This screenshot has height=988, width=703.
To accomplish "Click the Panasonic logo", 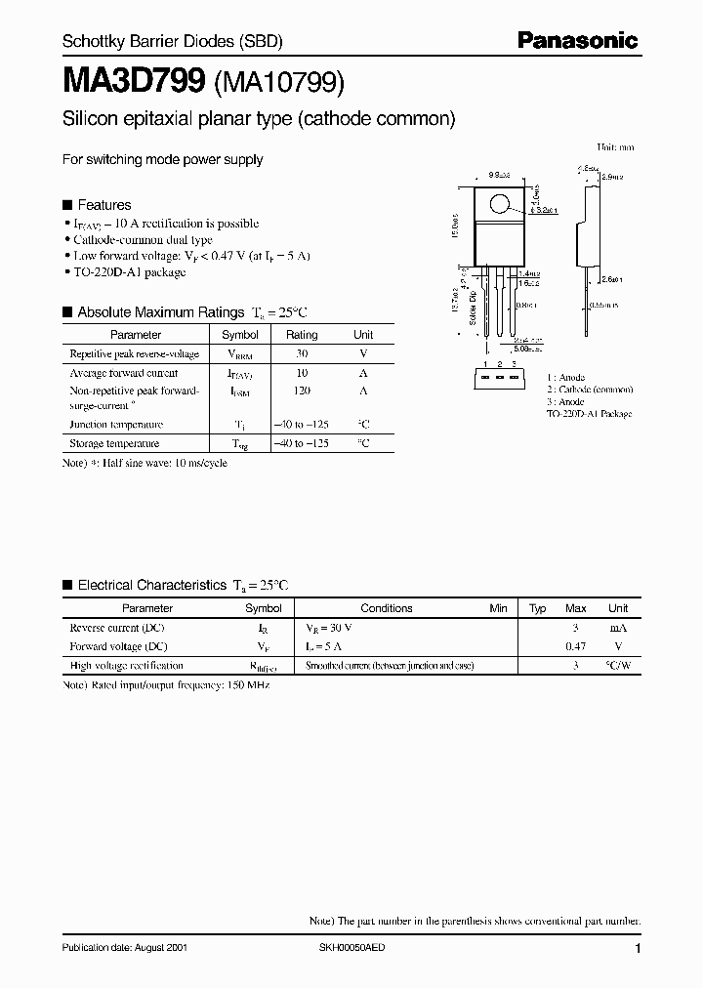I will (576, 40).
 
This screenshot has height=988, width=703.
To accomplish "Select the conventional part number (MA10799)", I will (277, 84).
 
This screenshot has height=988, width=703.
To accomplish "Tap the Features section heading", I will (103, 205).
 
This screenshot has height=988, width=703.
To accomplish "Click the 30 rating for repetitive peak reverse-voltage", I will (302, 354).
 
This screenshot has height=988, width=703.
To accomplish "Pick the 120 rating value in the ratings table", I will (302, 391).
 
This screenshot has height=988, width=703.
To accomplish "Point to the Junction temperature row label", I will (115, 425).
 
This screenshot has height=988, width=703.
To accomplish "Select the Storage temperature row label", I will (115, 443).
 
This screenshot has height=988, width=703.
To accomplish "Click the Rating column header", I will (302, 335).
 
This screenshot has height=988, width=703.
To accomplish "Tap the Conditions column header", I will (387, 608).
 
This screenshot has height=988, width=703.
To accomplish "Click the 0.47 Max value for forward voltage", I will (576, 646).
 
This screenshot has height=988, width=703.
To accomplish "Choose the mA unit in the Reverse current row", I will (618, 628).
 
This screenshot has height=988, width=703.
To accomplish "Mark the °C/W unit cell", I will (618, 665).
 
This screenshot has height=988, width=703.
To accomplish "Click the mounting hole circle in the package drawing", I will (499, 205).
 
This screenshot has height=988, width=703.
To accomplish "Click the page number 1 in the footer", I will (638, 949).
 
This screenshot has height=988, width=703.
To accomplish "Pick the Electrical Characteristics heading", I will (151, 585).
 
